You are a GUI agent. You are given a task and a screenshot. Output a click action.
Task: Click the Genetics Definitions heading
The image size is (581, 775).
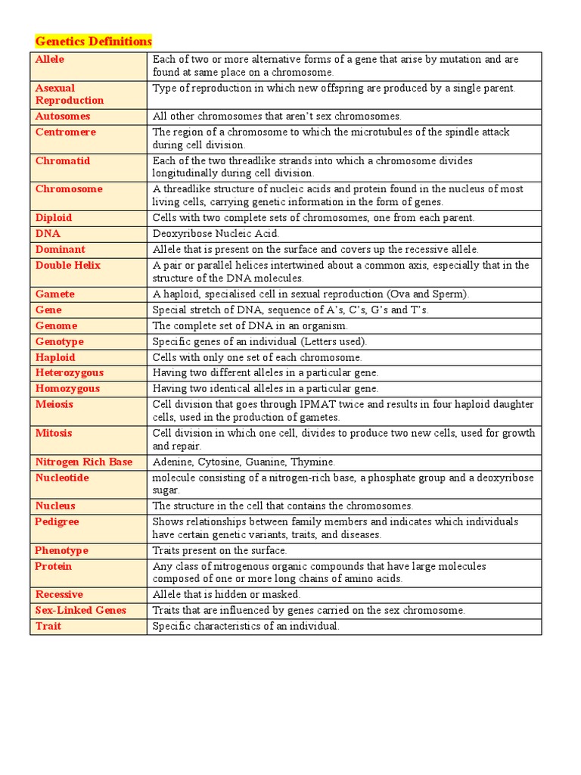[94, 41]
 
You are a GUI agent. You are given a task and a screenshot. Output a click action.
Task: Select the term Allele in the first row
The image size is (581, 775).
[50, 59]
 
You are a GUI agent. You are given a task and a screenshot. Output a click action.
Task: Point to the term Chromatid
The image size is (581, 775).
[62, 160]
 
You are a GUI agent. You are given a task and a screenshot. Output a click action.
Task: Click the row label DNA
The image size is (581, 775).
[48, 233]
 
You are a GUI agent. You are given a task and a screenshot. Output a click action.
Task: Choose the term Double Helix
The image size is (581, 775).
[67, 265]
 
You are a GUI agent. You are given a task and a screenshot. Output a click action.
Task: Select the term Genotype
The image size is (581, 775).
[59, 341]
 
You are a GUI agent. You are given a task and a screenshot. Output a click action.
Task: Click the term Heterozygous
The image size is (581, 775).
[70, 372]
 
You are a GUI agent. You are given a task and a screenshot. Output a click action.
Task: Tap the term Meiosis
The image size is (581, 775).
[54, 404]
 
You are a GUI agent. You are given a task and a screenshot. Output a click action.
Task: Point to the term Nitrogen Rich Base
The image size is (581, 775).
[83, 462]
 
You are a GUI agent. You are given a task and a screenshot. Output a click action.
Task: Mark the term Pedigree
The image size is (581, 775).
[57, 521]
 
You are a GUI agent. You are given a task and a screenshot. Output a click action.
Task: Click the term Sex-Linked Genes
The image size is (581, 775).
[80, 610]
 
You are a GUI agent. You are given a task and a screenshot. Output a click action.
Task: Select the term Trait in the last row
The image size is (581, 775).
[48, 626]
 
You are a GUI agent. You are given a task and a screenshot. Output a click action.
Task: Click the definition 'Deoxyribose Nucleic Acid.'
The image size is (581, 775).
[216, 234]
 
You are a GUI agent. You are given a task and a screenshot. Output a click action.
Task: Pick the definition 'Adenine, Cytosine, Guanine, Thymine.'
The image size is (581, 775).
[244, 462]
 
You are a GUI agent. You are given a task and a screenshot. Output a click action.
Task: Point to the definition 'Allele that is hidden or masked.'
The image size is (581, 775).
[226, 595]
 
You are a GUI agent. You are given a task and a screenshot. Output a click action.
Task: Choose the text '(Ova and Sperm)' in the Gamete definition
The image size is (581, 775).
[423, 294]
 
